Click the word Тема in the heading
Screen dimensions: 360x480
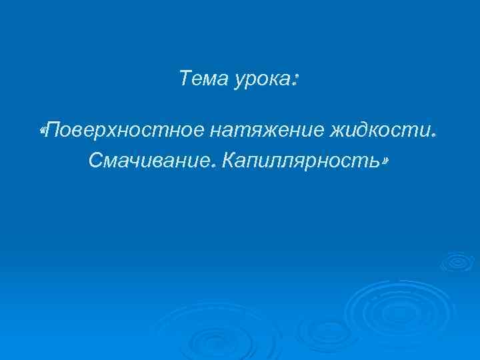pos(202,80)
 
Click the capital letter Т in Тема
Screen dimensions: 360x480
pos(185,79)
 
